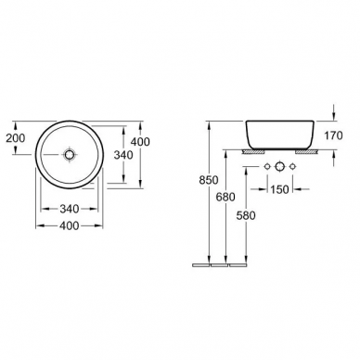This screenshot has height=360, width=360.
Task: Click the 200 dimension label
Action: pyautogui.click(x=16, y=138)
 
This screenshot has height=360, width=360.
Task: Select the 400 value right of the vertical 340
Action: pyautogui.click(x=140, y=142)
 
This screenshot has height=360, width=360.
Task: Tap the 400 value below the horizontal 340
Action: pyautogui.click(x=70, y=226)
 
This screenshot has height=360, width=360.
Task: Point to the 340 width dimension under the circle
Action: pyautogui.click(x=70, y=209)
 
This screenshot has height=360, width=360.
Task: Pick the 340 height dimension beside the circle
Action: pyautogui.click(x=123, y=155)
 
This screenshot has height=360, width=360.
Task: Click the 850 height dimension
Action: pyautogui.click(x=209, y=180)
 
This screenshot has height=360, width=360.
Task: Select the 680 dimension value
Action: pyautogui.click(x=225, y=197)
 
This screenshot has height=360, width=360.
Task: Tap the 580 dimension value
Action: pyautogui.click(x=246, y=215)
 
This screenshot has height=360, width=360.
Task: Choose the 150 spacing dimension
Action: pyautogui.click(x=279, y=189)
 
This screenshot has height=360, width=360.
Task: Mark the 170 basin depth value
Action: pyautogui.click(x=333, y=135)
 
